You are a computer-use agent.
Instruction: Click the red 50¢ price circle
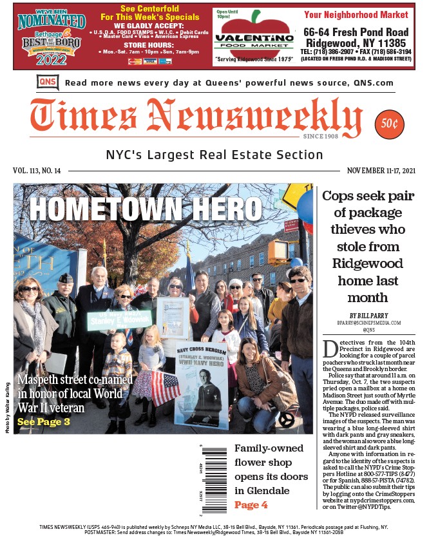point(389,124)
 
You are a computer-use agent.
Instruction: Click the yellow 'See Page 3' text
point(44,422)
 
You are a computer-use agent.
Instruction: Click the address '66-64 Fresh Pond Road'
point(356,32)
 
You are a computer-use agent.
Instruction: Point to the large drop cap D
point(330,349)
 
